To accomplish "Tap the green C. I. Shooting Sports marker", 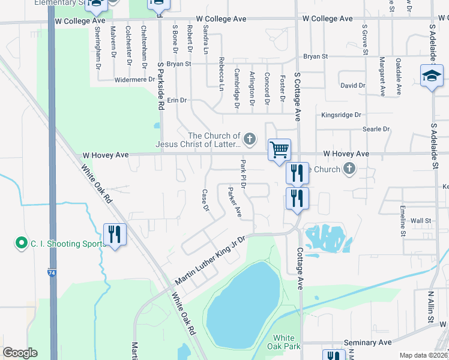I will point(22,243).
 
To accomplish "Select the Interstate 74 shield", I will point(52,273).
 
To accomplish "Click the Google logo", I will point(20,353).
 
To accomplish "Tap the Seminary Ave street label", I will point(368,343).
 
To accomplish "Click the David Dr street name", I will point(352,86).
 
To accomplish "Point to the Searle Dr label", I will point(376,129).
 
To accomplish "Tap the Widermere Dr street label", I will point(134,79).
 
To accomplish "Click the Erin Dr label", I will point(177,100).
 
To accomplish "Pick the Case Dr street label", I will point(205,200).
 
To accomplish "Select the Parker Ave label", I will point(235,202).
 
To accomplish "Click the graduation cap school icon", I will point(431,77).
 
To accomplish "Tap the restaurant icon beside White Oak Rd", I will point(115,234).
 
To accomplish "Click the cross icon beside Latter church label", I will point(250,140).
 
